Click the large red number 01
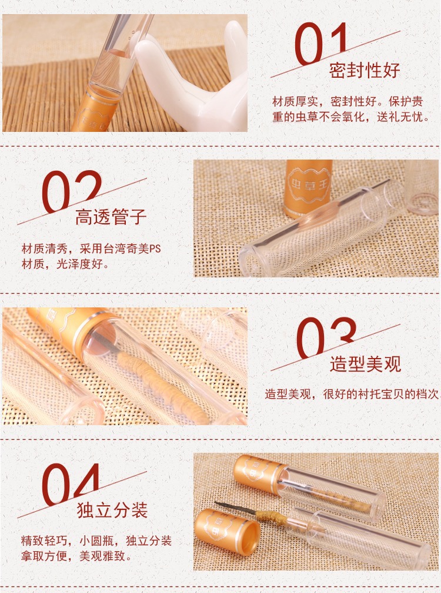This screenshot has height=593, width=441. (x=321, y=44)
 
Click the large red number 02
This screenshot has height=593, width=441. (x=72, y=191)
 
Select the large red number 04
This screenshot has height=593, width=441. (x=71, y=485)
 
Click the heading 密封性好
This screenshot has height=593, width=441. (x=365, y=70)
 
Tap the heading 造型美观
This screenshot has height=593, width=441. (x=365, y=364)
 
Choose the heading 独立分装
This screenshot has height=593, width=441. (x=112, y=510)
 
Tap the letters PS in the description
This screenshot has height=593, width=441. (x=155, y=249)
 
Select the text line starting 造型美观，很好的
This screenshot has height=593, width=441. (x=352, y=394)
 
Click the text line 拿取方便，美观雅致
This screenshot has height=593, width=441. (x=76, y=556)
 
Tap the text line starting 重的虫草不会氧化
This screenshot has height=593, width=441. (x=351, y=117)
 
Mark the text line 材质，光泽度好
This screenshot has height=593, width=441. (x=65, y=264)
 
